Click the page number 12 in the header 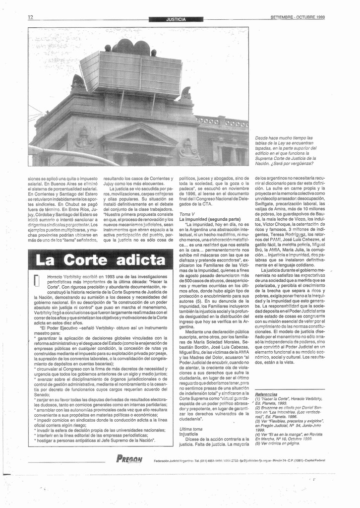[31, 17]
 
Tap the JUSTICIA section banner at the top [176, 19]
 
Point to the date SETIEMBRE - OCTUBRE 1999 [298, 17]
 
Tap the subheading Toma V [187, 213]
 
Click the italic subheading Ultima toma [191, 429]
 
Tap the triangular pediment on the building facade [139, 135]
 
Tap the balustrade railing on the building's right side [222, 122]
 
